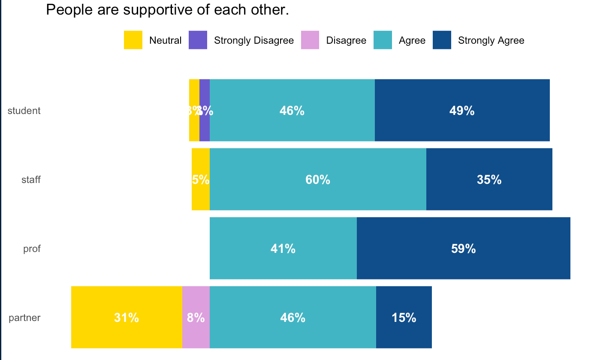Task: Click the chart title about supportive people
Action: point(167,10)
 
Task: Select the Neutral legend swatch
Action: point(133,40)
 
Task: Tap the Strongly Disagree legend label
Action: point(253,41)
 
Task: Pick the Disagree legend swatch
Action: point(310,40)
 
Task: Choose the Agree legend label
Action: point(412,41)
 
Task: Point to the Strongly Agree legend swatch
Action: point(442,40)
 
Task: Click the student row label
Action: point(24,111)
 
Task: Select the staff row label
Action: point(31,180)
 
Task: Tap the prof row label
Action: point(32,249)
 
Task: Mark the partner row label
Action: point(24,318)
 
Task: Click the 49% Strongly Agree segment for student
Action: point(462,111)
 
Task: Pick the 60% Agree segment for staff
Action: point(318,180)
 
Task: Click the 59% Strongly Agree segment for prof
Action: point(463,249)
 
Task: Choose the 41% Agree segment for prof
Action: point(283,249)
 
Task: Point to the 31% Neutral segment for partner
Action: point(127,318)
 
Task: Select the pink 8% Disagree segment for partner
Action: point(196,318)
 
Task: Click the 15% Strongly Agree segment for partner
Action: point(404,318)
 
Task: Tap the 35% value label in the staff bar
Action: point(489,180)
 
